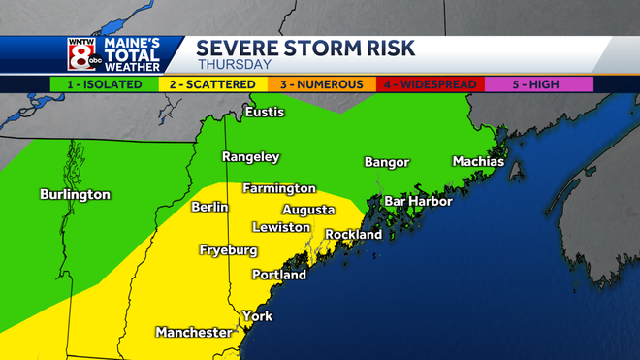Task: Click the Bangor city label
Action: coord(386,162)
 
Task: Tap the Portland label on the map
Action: coord(278,275)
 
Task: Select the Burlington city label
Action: coord(75,194)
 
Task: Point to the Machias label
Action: coord(478,161)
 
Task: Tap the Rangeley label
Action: coord(250,156)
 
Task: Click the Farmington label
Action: coord(279,187)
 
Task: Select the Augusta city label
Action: coord(308,210)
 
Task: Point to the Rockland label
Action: coord(353,234)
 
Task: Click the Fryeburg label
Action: coord(228,250)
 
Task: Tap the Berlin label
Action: coord(209,207)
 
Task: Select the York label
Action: coord(257,316)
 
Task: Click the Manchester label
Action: coord(194,333)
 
